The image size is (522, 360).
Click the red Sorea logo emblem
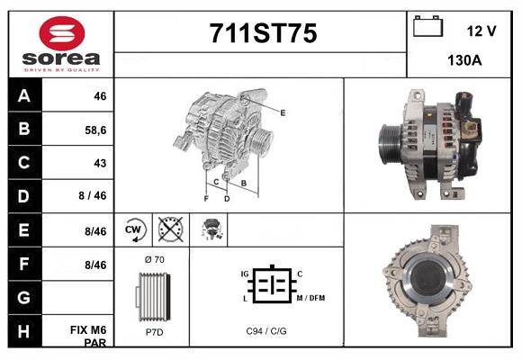coord(62,33)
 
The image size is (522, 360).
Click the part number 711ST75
coord(263,33)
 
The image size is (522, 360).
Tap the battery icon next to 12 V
coord(427,26)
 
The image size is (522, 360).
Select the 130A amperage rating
coord(464,60)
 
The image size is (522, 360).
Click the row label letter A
coord(24,96)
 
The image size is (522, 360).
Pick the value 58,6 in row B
coord(95,130)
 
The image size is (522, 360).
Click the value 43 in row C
coord(100,163)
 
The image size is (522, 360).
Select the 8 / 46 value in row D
coord(93,195)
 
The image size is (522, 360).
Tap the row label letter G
coord(23,297)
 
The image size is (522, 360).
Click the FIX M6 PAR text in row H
coord(88,337)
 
